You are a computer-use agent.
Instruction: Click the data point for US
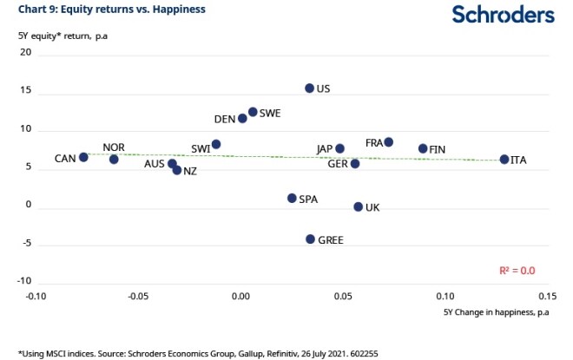[x=309, y=88]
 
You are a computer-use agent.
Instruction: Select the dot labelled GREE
[x=310, y=239]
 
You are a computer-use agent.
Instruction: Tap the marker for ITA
[x=504, y=160]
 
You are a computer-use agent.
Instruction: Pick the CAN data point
[x=83, y=158]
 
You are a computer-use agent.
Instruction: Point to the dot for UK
[x=358, y=207]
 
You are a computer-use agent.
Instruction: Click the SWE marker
[x=253, y=112]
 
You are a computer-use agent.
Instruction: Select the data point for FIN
[x=423, y=149]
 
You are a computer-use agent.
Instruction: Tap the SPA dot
[x=292, y=199]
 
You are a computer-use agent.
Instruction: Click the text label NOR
[x=114, y=147]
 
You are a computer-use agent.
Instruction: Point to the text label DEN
[x=225, y=120]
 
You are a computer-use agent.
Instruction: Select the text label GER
[x=338, y=164]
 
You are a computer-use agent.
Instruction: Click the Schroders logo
[x=503, y=15]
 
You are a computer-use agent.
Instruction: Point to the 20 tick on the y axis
[x=25, y=53]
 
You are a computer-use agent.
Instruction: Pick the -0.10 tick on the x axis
[x=36, y=296]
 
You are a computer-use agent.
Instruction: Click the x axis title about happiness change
[x=496, y=311]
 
